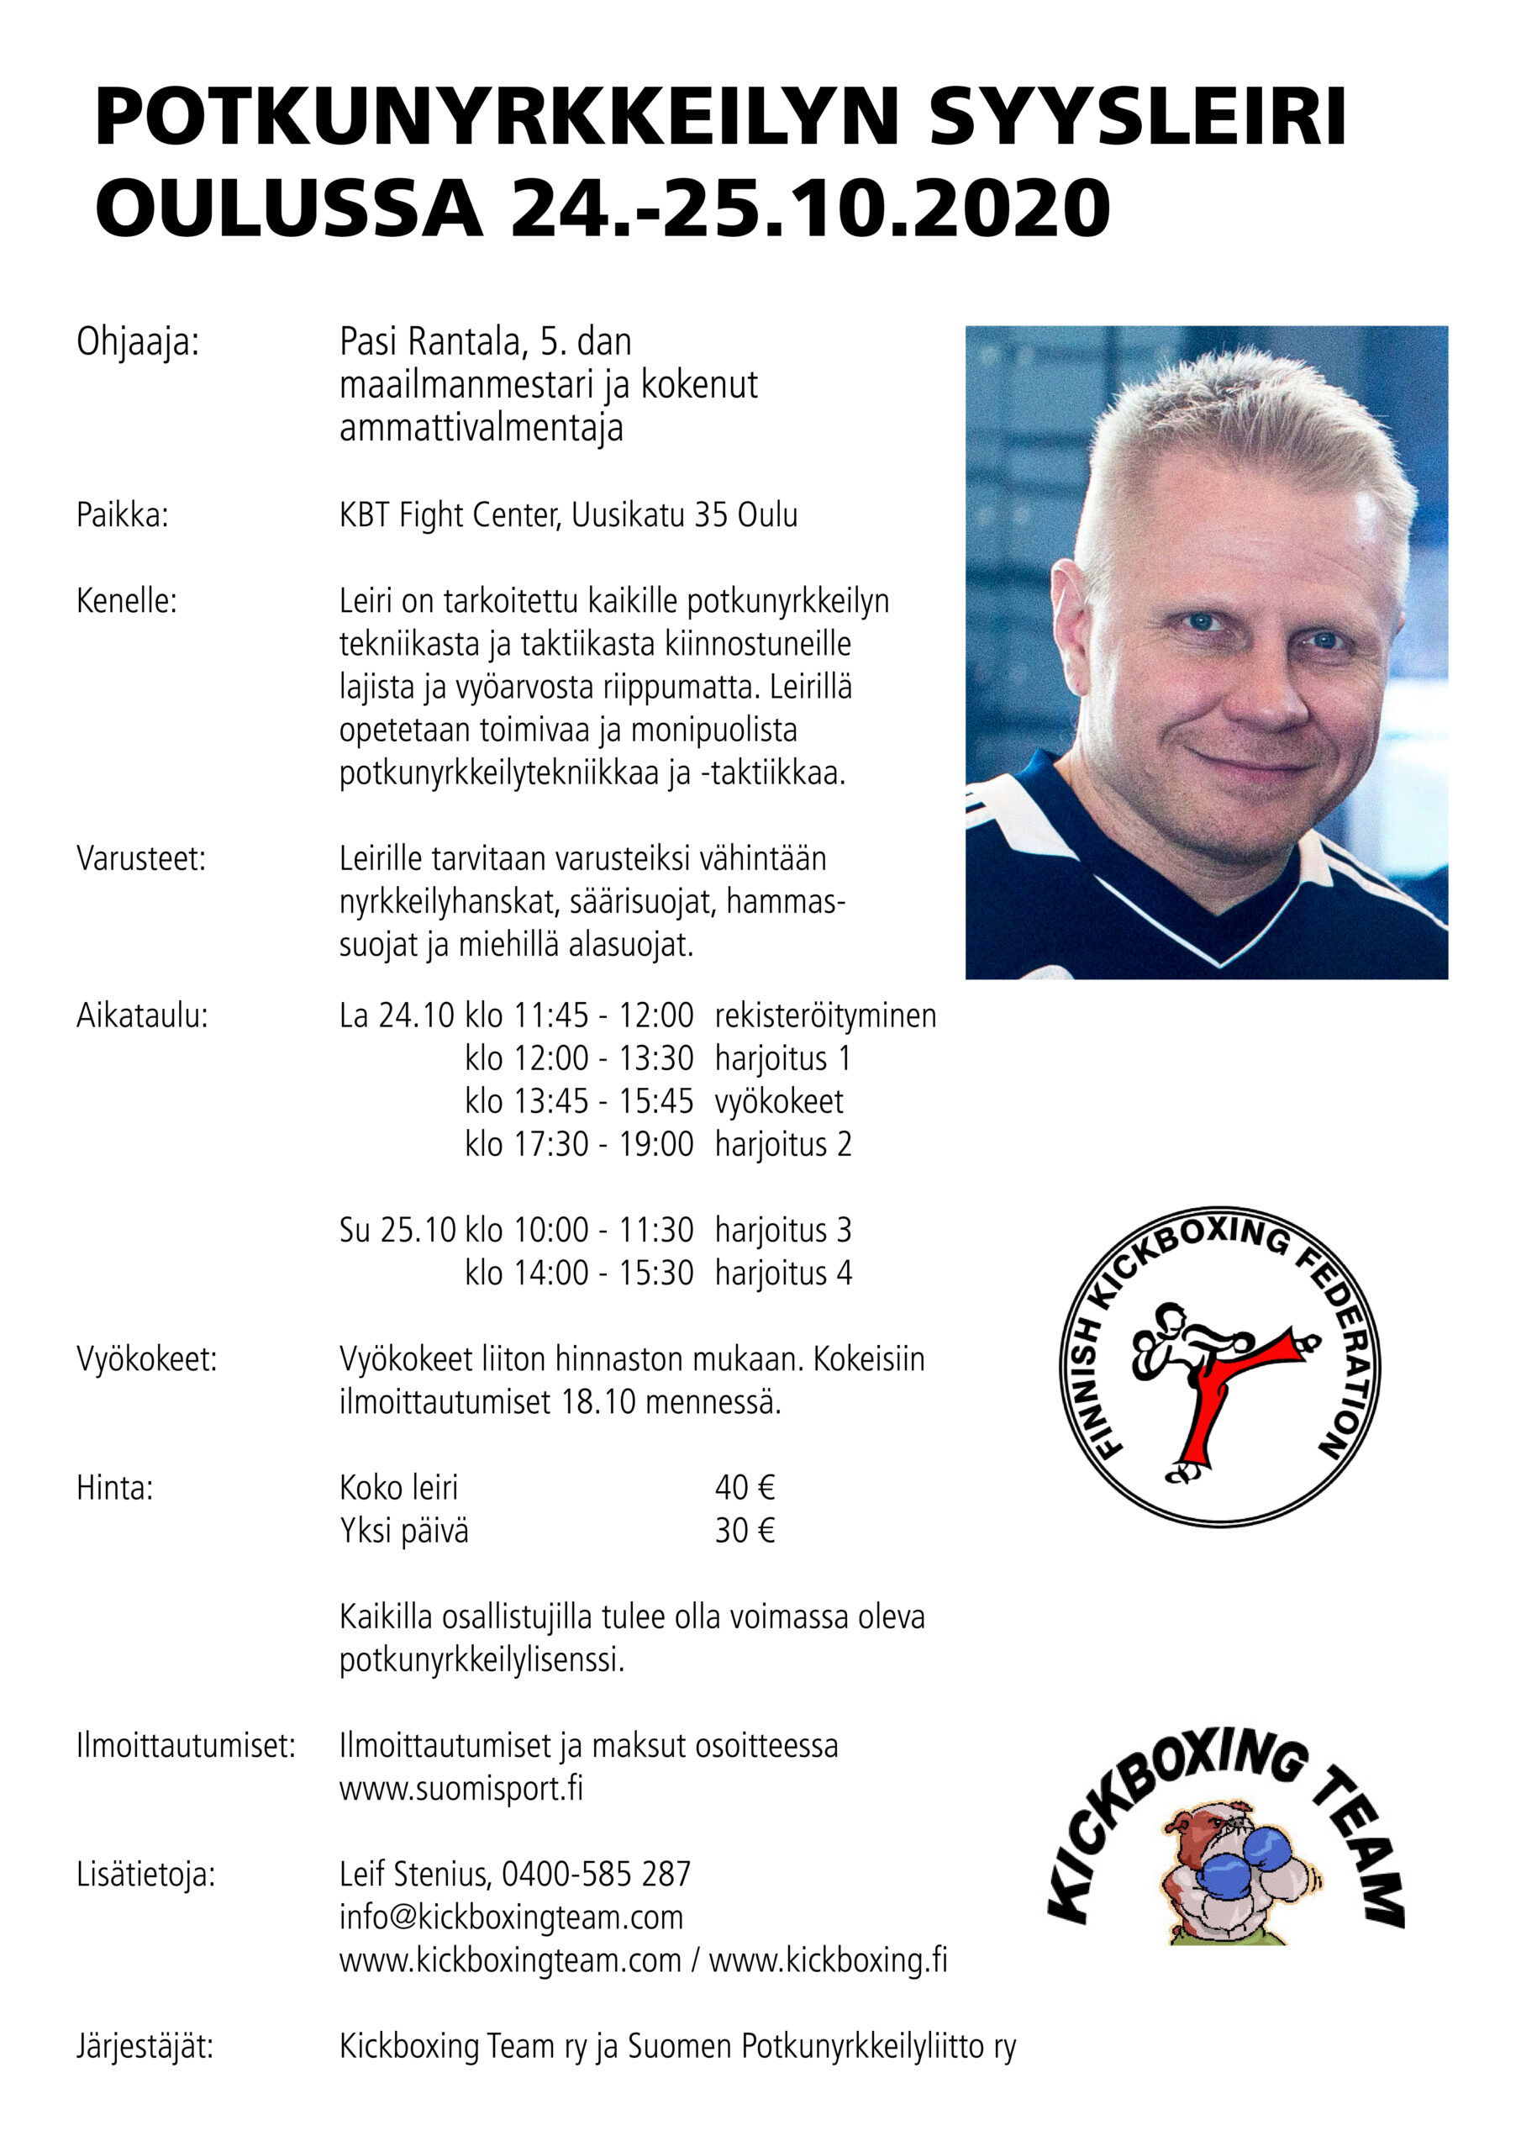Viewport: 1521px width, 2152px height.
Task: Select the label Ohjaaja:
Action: pyautogui.click(x=138, y=342)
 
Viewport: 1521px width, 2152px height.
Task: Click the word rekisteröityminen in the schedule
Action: pyautogui.click(x=824, y=1015)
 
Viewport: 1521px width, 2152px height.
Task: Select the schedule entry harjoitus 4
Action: pyautogui.click(x=782, y=1273)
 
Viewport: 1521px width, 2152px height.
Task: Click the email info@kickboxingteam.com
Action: pyautogui.click(x=511, y=1917)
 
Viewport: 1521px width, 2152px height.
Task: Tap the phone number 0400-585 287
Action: pyautogui.click(x=596, y=1874)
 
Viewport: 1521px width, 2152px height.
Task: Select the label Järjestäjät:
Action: pyautogui.click(x=145, y=2046)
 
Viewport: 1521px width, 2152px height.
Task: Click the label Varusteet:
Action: pyautogui.click(x=140, y=858)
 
